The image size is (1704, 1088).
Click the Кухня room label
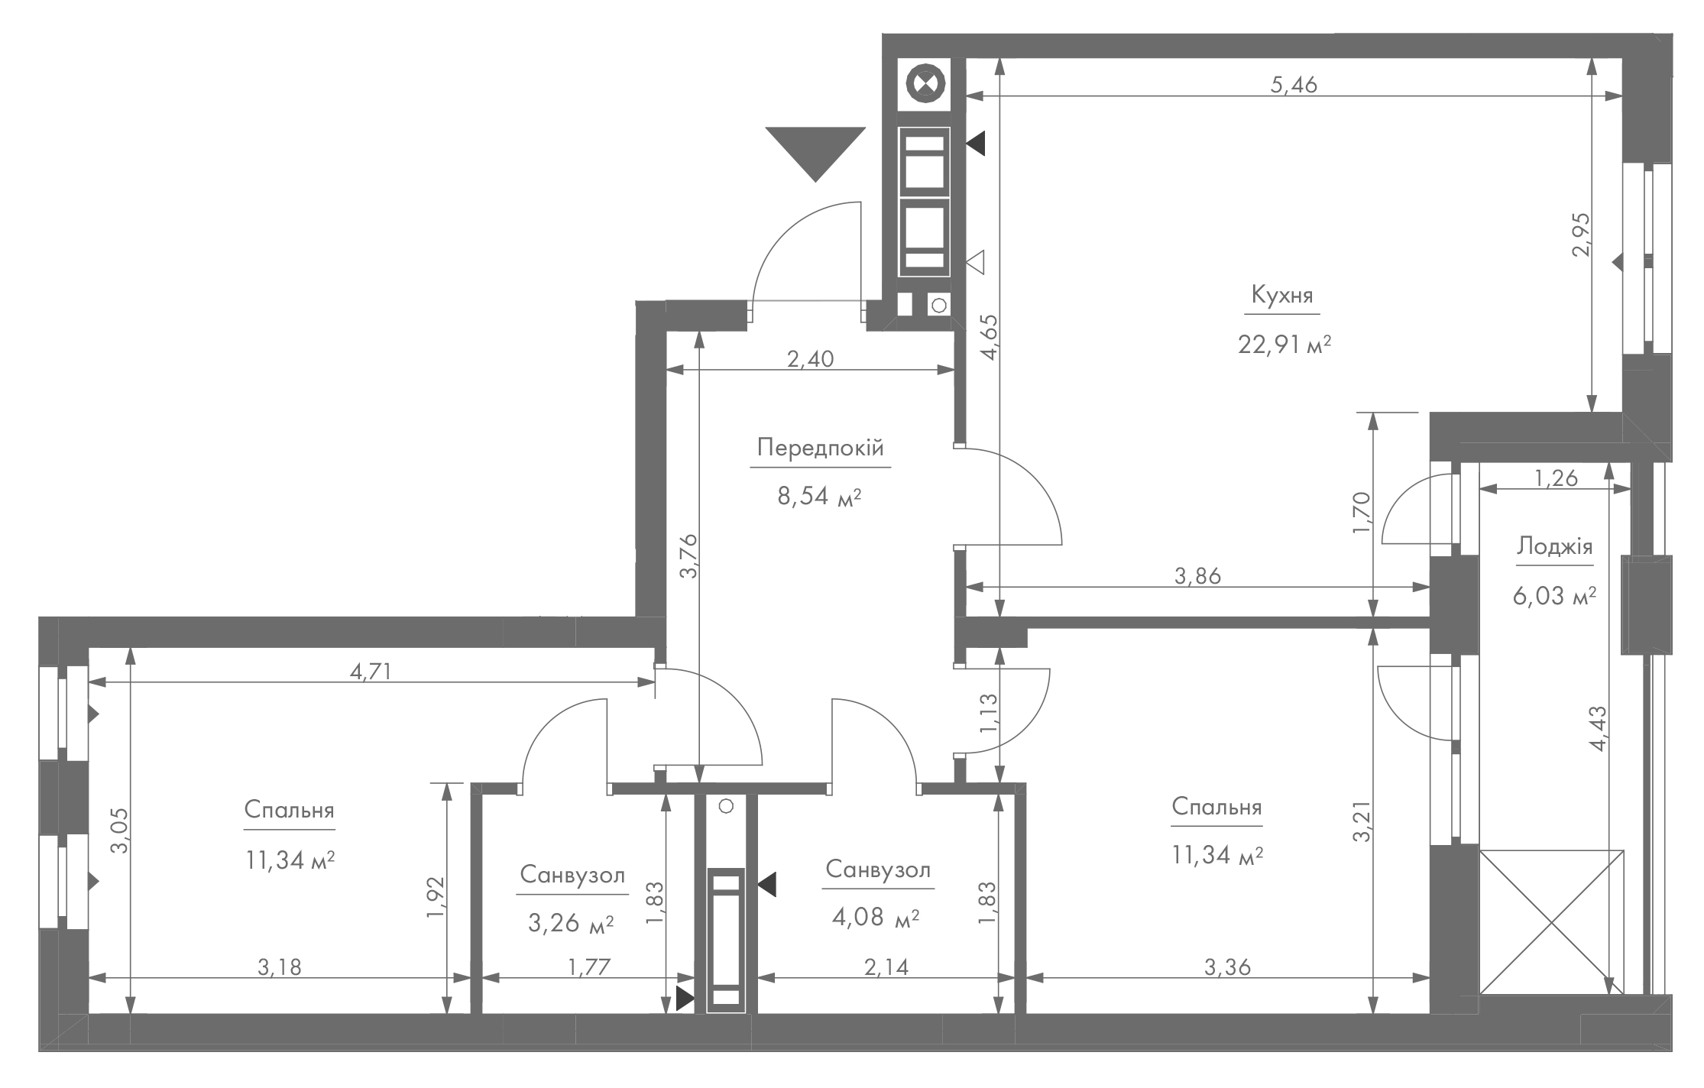(1282, 295)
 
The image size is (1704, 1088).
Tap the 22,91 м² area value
(1284, 345)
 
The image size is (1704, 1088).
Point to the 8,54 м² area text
(819, 497)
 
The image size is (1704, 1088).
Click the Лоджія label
(1554, 546)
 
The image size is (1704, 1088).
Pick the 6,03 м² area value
(1554, 595)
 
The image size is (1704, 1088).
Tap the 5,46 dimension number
(1294, 85)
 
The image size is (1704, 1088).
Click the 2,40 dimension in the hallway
(810, 358)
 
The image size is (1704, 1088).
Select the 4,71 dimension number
(371, 672)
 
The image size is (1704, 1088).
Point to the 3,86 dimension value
(1197, 576)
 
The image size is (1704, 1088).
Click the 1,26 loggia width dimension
(1556, 478)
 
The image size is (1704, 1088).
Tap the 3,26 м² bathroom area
(571, 924)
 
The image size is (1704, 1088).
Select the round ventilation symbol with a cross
(925, 84)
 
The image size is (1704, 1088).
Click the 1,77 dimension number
(589, 967)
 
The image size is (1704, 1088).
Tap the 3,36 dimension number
(1227, 967)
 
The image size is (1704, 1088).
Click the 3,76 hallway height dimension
(688, 556)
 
